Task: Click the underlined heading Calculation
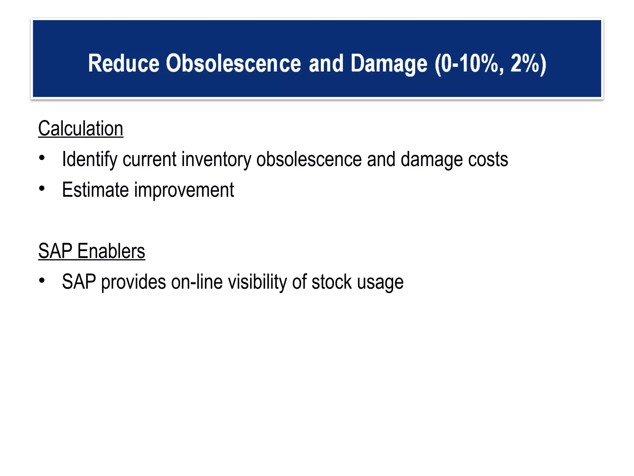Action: pos(80,129)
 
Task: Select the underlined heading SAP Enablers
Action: pos(92,251)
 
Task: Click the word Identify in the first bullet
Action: pos(89,160)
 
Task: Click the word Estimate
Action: pos(95,190)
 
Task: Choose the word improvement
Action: pos(184,190)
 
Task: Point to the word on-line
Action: pos(197,282)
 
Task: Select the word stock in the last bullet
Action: pos(332,282)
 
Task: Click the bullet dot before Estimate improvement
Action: pos(42,188)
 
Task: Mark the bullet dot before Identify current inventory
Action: pos(42,158)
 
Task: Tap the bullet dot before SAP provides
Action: pos(42,280)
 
